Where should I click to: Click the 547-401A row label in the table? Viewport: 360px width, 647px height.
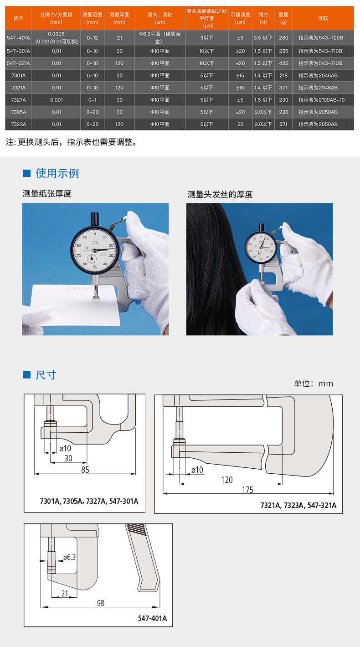pyautogui.click(x=19, y=38)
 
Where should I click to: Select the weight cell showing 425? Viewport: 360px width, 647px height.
pyautogui.click(x=283, y=63)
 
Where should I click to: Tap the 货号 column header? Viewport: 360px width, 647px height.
pyautogui.click(x=19, y=18)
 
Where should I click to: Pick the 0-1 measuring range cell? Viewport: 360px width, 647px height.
pyautogui.click(x=93, y=100)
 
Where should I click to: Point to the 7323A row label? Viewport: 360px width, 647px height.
pyautogui.click(x=19, y=124)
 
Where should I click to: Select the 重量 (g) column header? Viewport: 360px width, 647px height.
pyautogui.click(x=283, y=18)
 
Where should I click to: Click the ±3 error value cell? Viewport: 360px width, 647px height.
pyautogui.click(x=240, y=38)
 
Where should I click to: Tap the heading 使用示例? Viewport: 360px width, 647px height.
pyautogui.click(x=57, y=173)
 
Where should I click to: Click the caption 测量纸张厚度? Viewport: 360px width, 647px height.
pyautogui.click(x=47, y=193)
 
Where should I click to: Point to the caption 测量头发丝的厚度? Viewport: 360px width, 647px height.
pyautogui.click(x=220, y=194)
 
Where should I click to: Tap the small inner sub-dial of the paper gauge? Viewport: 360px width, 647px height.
pyautogui.click(x=92, y=259)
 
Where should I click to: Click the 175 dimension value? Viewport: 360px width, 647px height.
pyautogui.click(x=248, y=490)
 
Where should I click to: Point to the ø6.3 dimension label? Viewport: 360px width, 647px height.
pyautogui.click(x=70, y=557)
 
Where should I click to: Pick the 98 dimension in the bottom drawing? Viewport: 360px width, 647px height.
pyautogui.click(x=100, y=603)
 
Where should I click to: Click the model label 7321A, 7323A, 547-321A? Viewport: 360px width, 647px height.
pyautogui.click(x=298, y=505)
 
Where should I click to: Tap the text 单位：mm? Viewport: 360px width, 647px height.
pyautogui.click(x=314, y=383)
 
